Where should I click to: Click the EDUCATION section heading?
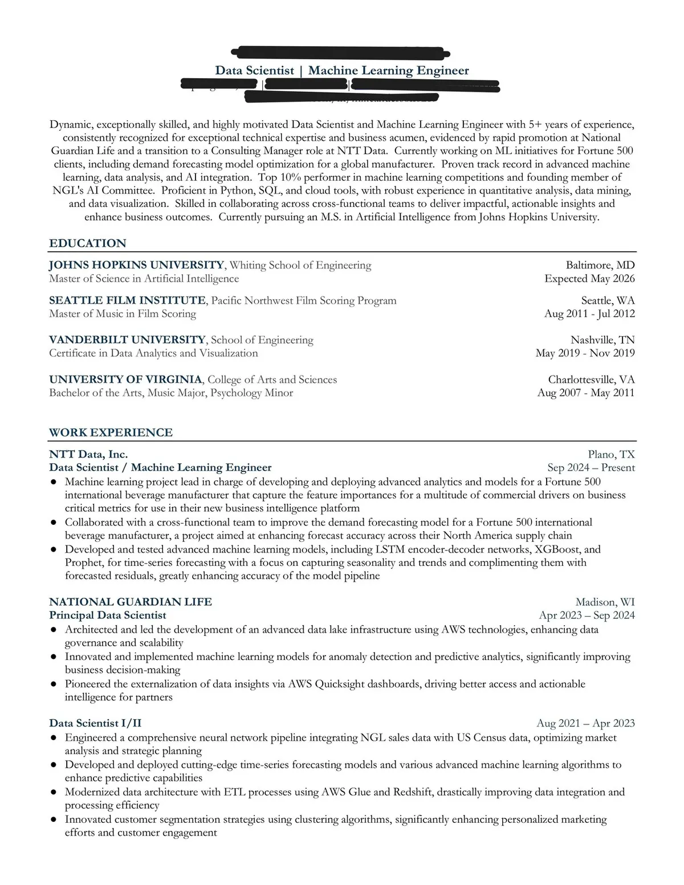pyautogui.click(x=88, y=243)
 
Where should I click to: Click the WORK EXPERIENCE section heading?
pyautogui.click(x=111, y=433)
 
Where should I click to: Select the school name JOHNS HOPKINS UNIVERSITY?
pyautogui.click(x=137, y=265)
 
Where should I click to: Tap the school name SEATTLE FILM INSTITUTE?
pyautogui.click(x=127, y=300)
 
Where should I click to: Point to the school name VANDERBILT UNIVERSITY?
pyautogui.click(x=127, y=340)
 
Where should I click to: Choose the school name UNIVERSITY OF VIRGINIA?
pyautogui.click(x=125, y=380)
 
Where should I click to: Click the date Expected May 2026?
pyautogui.click(x=589, y=279)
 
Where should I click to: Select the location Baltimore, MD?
pyautogui.click(x=600, y=265)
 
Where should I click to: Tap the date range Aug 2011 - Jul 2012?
pyautogui.click(x=589, y=313)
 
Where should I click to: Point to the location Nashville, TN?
pyautogui.click(x=602, y=340)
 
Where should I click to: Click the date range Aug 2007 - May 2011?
pyautogui.click(x=586, y=393)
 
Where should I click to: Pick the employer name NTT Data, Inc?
pyautogui.click(x=88, y=454)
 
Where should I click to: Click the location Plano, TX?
pyautogui.click(x=611, y=454)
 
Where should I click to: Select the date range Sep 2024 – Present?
pyautogui.click(x=591, y=468)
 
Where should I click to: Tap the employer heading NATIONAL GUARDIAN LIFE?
pyautogui.click(x=131, y=602)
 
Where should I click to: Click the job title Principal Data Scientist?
pyautogui.click(x=108, y=615)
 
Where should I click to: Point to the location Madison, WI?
pyautogui.click(x=605, y=602)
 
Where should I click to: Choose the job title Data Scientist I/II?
pyautogui.click(x=95, y=723)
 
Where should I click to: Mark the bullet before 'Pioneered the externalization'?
pyautogui.click(x=54, y=684)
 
